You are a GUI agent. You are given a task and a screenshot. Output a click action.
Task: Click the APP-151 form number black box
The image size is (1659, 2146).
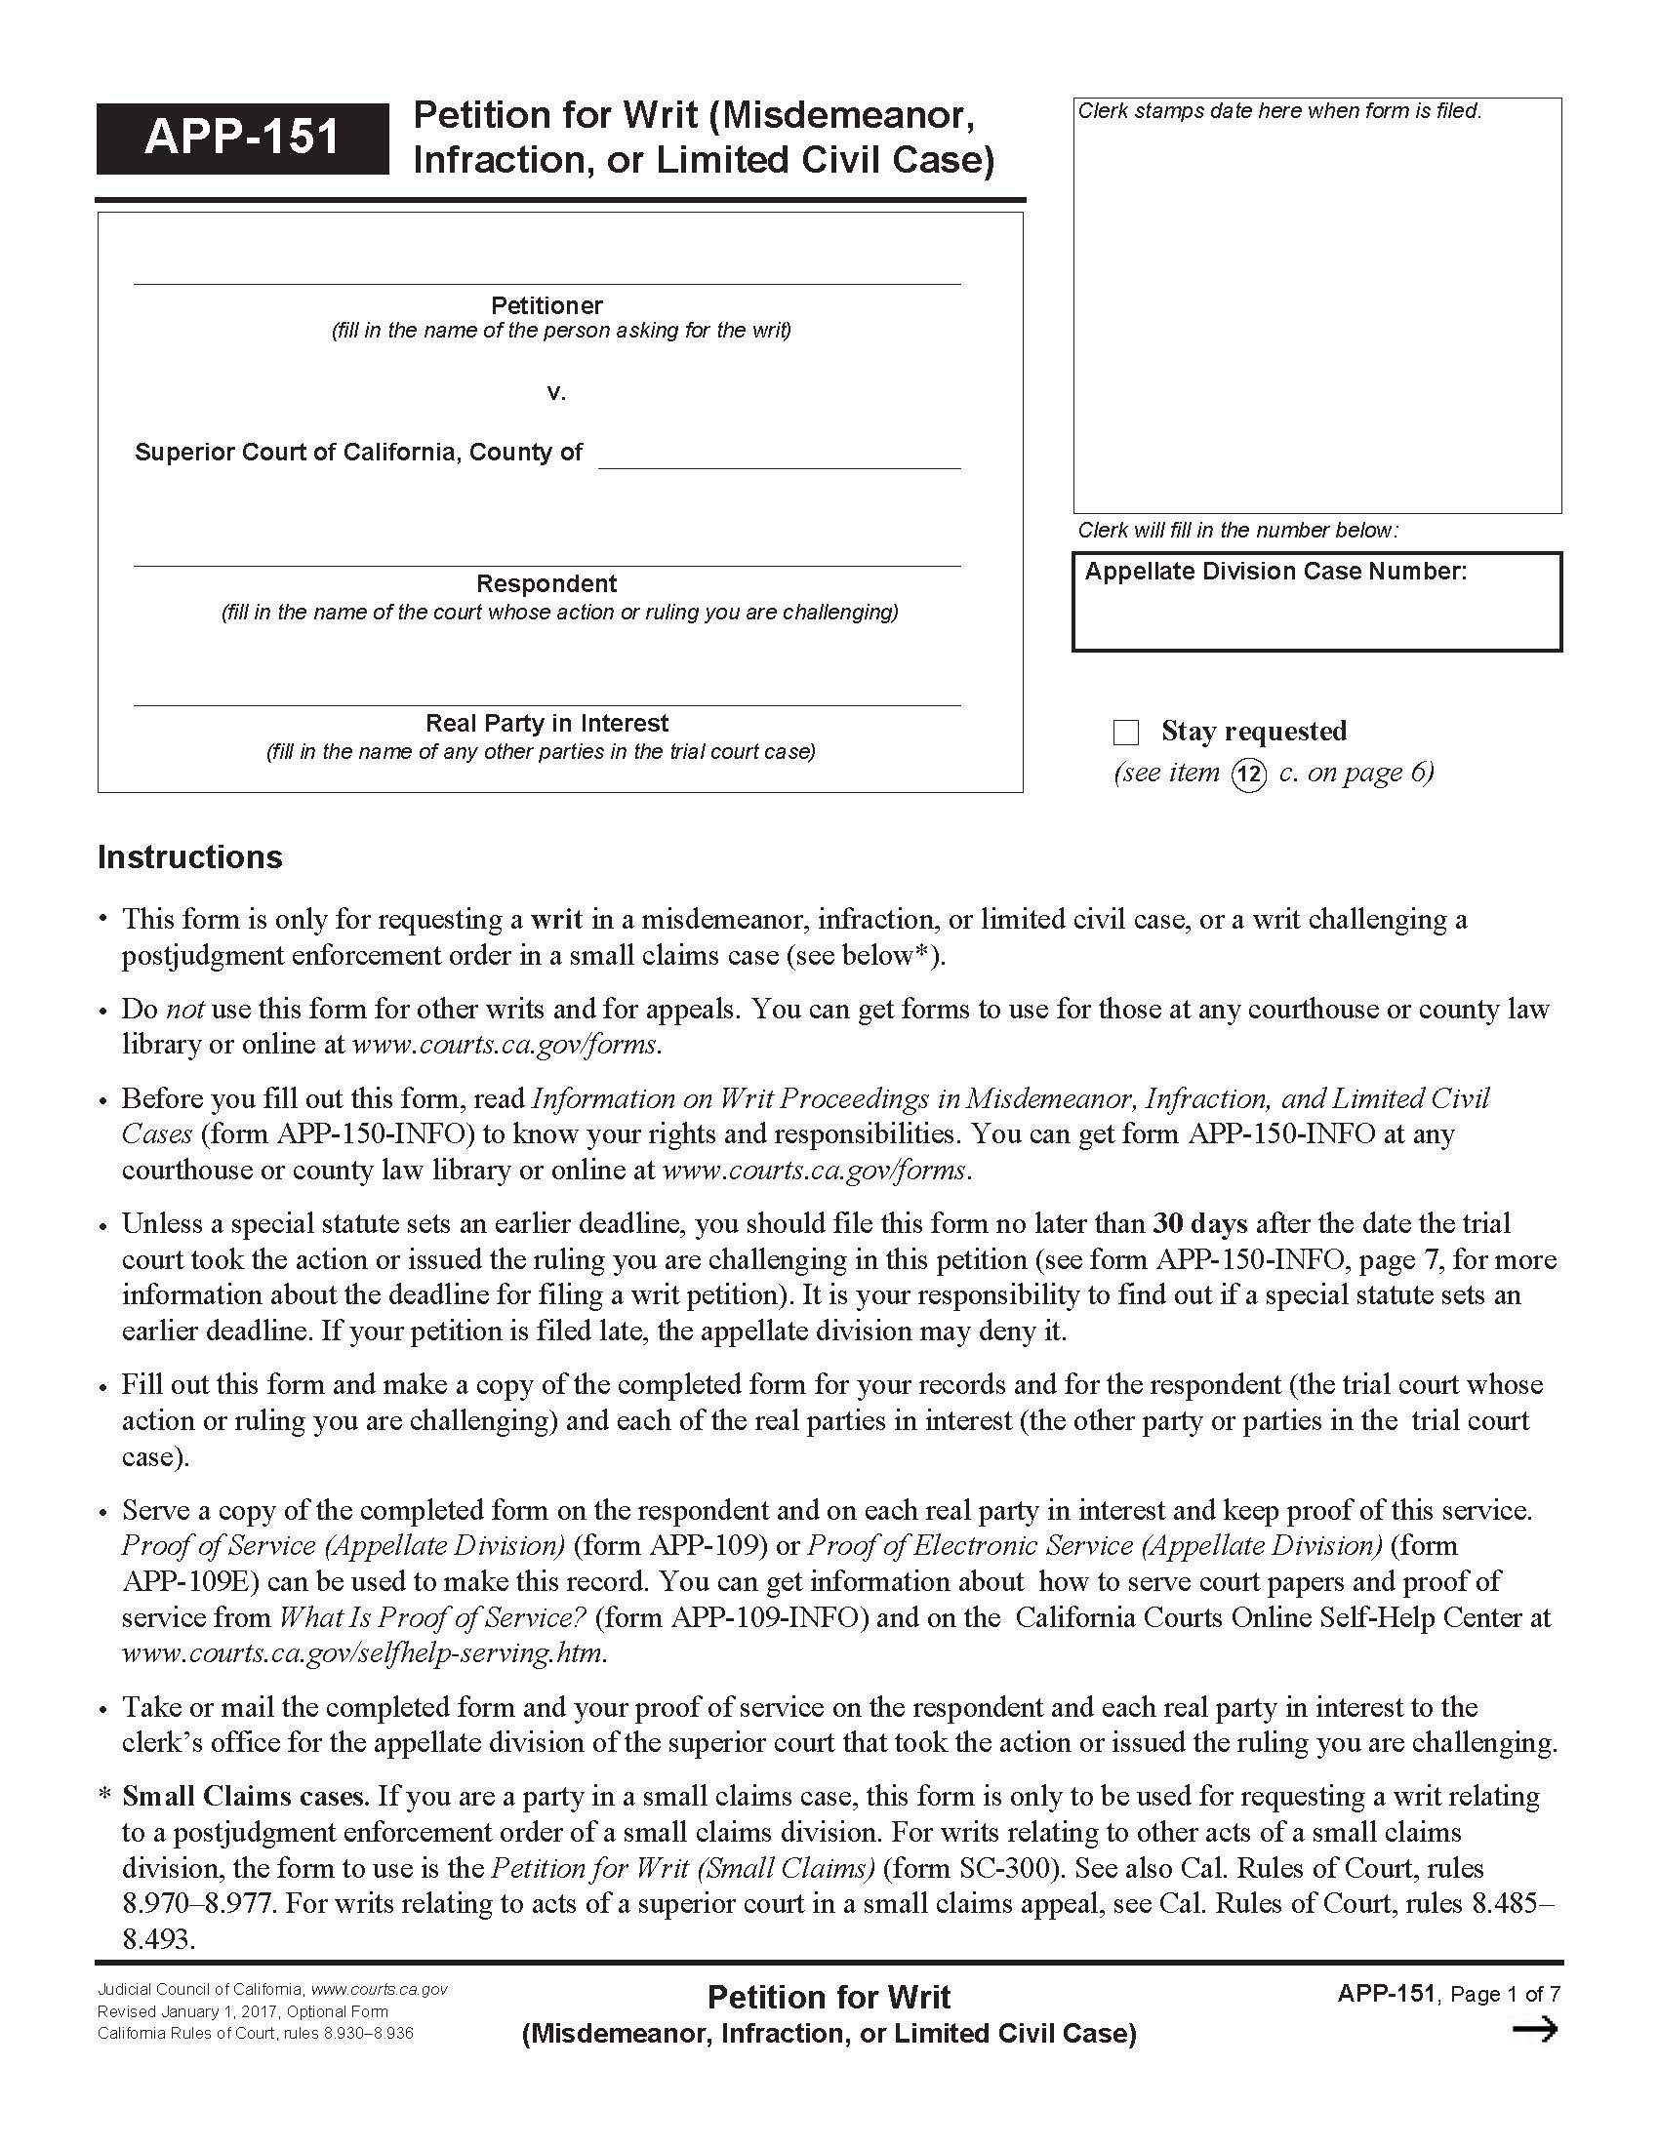pos(242,138)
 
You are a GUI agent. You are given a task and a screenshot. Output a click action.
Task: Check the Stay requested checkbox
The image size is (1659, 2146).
pos(1125,732)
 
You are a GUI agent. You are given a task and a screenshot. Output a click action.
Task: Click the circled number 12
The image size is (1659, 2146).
pos(1248,775)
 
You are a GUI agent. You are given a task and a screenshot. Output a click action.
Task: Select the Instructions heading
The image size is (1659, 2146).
pos(189,856)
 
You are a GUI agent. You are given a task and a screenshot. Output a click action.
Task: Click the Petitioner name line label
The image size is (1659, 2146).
pos(546,305)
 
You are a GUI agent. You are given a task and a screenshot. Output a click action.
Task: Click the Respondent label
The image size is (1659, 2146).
pos(546,583)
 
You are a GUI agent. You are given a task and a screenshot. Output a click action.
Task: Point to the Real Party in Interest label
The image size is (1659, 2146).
pos(546,723)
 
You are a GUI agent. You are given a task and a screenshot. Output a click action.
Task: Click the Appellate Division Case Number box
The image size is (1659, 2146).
pos(1316,602)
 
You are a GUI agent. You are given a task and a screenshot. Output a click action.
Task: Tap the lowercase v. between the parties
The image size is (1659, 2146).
pos(556,393)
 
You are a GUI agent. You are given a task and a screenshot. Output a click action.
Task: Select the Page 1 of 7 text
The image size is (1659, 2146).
pos(1505,1994)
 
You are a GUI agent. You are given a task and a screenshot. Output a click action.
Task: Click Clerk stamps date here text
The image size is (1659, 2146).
pos(1278,111)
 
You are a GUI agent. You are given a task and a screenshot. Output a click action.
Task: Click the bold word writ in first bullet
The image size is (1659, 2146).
pos(556,919)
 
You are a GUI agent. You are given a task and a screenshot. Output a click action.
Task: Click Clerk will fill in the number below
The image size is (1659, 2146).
pos(1237,531)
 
